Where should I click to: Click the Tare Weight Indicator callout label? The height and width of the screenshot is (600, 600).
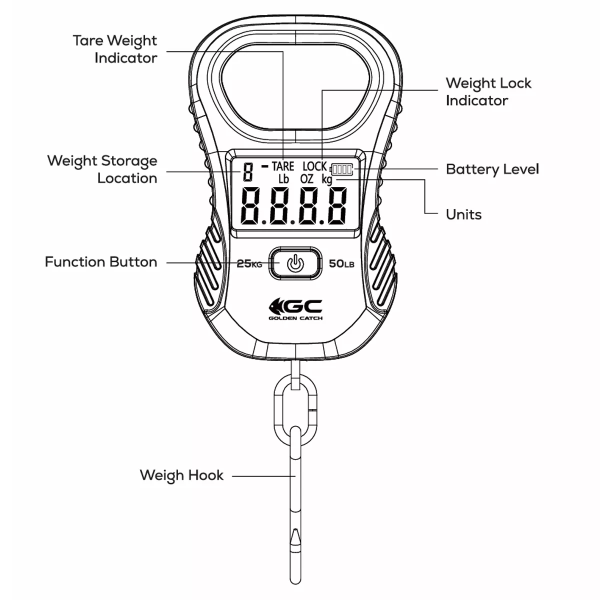[x=115, y=49]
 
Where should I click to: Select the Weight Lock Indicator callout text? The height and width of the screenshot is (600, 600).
[x=488, y=91]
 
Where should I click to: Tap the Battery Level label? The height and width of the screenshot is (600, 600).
[x=492, y=169]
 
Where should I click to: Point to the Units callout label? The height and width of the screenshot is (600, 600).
[x=463, y=214]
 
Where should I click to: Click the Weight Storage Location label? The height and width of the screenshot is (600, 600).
[x=102, y=169]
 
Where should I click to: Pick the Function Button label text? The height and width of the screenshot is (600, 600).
[x=101, y=262]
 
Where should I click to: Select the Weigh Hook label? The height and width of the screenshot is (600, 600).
[x=181, y=475]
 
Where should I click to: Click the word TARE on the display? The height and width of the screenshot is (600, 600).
[x=283, y=166]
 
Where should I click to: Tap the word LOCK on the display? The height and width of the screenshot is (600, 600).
[x=314, y=166]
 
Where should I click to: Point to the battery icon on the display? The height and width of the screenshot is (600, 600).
[x=341, y=169]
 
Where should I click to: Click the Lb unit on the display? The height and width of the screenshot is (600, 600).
[x=283, y=179]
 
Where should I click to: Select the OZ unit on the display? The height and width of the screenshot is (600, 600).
[x=307, y=179]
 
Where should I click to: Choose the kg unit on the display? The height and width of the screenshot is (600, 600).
[x=327, y=179]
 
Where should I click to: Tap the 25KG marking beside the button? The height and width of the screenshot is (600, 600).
[x=249, y=263]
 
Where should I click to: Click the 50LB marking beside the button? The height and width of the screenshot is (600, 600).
[x=341, y=263]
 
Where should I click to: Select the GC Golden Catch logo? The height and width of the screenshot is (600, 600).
[x=295, y=308]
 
